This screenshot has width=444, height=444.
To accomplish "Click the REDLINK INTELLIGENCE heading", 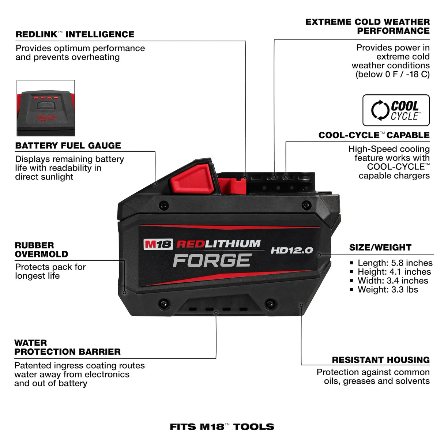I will (75, 34).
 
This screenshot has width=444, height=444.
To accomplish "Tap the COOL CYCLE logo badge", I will (396, 110).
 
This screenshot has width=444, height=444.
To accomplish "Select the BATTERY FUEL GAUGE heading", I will (68, 146).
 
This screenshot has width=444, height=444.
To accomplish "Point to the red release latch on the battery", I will (191, 177).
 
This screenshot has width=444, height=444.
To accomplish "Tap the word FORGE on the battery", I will (212, 260).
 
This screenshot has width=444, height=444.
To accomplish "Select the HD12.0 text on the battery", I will (291, 251).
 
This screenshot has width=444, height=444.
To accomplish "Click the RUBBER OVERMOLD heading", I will (41, 250).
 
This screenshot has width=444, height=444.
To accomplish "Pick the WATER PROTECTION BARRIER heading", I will (67, 347).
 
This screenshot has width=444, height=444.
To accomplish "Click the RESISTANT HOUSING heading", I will (380, 360).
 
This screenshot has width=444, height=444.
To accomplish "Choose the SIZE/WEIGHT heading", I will (380, 248).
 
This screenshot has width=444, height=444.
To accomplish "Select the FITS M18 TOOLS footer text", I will (222, 427).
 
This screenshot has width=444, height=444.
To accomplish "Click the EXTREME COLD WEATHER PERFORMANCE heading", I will (367, 26).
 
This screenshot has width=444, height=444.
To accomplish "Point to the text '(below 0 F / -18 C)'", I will (392, 75).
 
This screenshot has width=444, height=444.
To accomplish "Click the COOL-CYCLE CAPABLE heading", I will (374, 135).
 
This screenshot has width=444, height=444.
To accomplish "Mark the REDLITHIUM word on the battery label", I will (218, 244).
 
